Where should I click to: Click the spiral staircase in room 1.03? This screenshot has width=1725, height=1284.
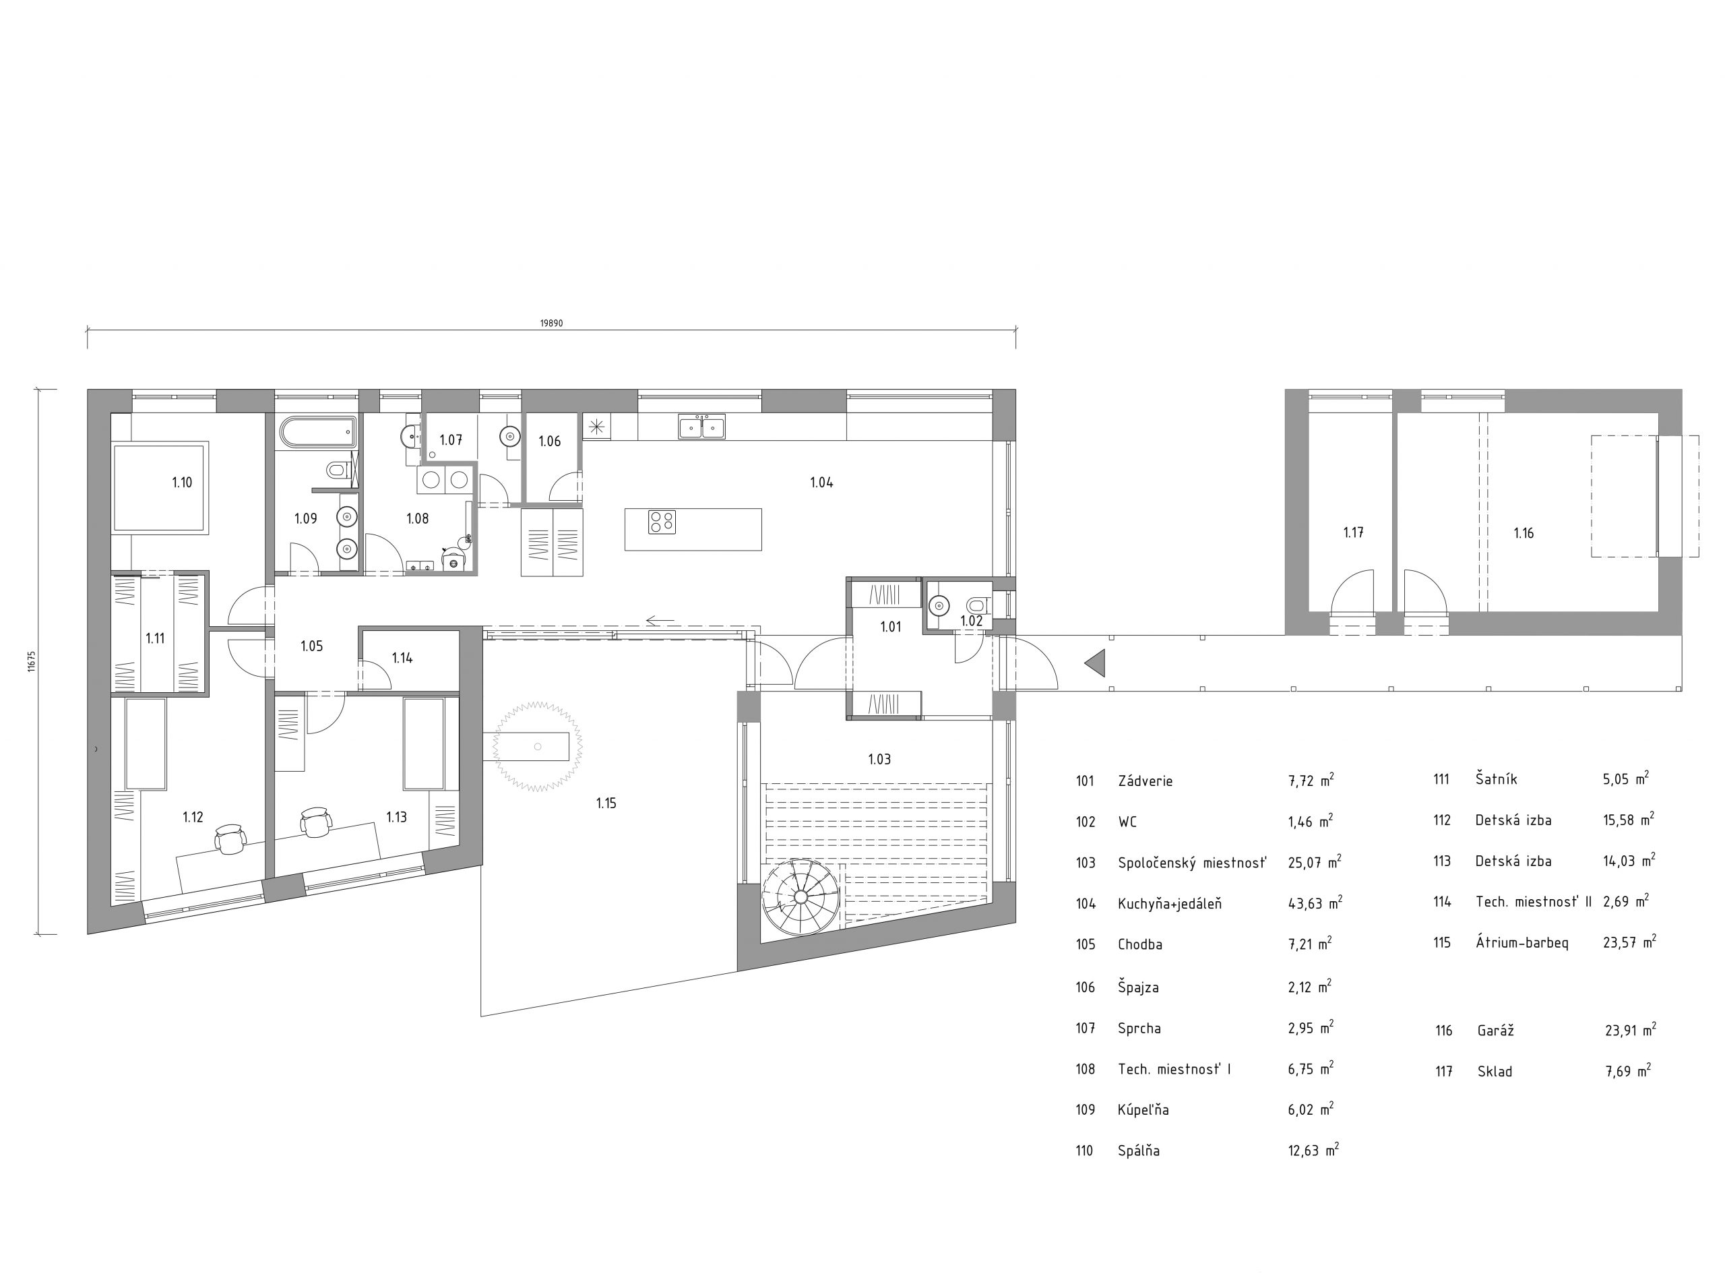[x=801, y=897]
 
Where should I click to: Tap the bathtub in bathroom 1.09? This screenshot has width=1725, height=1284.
[x=316, y=432]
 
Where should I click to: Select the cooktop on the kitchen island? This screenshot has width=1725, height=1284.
[x=662, y=522]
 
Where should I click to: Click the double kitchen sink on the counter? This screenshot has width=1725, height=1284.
[x=701, y=427]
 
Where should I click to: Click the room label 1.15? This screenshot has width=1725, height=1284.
[x=606, y=803]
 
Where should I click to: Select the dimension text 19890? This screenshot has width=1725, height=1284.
[x=552, y=324]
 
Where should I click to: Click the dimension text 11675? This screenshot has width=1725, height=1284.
[x=32, y=661]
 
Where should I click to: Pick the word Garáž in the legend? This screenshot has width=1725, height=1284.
[x=1495, y=1031]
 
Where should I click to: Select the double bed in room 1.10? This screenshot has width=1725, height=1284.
[x=162, y=487]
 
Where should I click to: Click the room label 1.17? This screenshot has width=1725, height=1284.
[x=1354, y=532]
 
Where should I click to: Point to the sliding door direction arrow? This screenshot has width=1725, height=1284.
[x=660, y=621]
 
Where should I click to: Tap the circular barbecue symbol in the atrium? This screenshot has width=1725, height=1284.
[x=537, y=747]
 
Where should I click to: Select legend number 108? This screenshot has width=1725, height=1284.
[x=1086, y=1070]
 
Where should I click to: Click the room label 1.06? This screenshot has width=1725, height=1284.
[x=549, y=441]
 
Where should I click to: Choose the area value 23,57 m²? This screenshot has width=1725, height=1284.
[x=1629, y=943]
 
